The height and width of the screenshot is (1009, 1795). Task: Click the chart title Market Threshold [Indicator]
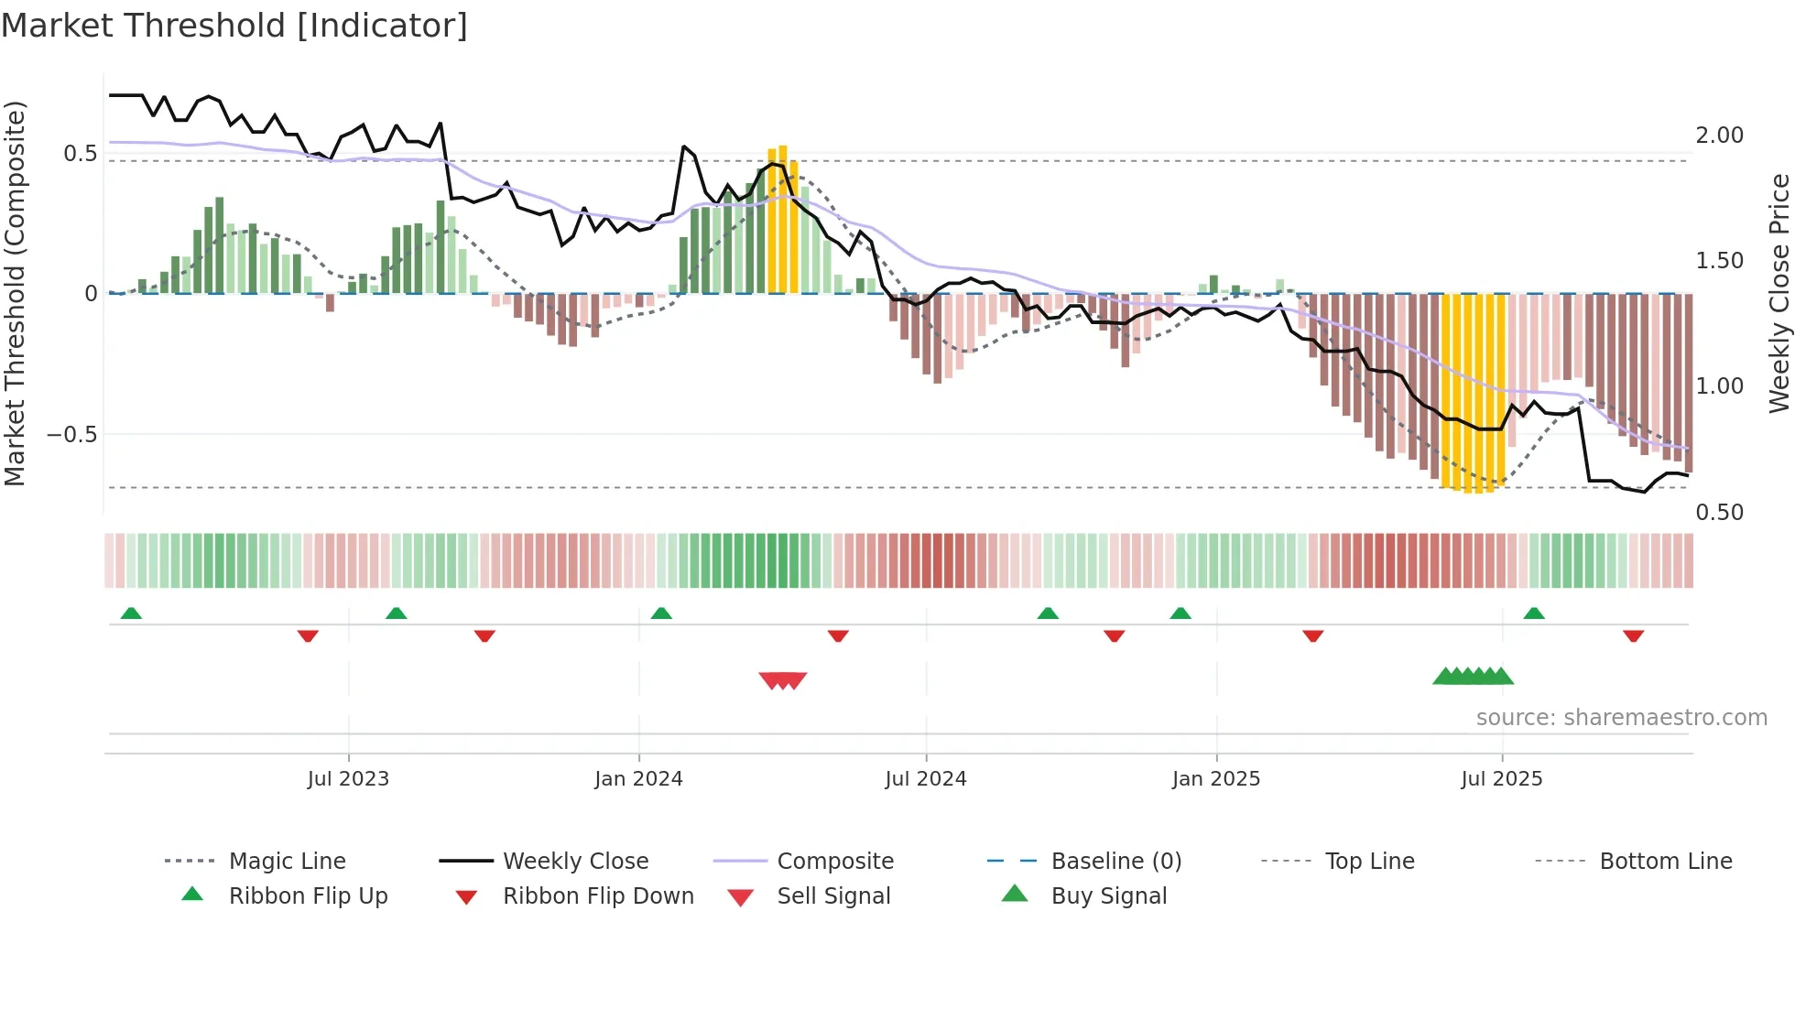(x=234, y=26)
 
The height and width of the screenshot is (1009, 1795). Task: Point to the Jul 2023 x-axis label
(x=348, y=779)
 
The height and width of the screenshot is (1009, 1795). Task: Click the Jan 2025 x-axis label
(x=1216, y=779)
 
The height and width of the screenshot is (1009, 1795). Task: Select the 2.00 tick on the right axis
(x=1719, y=136)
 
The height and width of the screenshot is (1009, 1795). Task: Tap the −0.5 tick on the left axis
(x=72, y=435)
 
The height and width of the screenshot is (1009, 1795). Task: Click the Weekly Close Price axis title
(x=1779, y=293)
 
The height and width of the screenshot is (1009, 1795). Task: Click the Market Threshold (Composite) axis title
(x=15, y=293)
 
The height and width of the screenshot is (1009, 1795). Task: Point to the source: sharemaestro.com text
(x=1621, y=718)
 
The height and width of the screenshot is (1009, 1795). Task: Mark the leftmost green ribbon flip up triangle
(x=131, y=613)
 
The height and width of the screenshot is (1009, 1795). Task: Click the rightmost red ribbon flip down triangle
(x=1633, y=635)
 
